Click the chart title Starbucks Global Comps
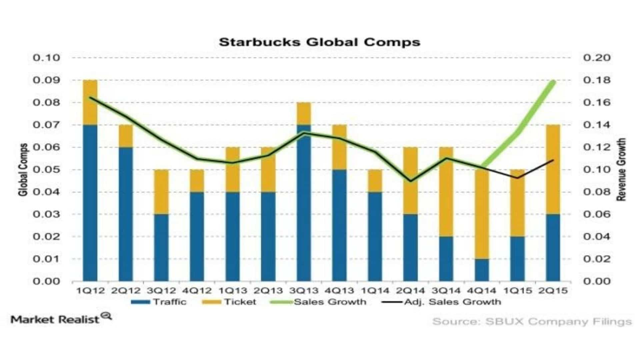(319, 42)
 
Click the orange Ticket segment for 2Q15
(553, 169)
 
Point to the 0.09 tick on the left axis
(46, 80)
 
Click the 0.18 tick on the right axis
(597, 80)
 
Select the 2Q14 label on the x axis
(411, 291)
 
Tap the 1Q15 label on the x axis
(517, 291)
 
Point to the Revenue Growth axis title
(621, 170)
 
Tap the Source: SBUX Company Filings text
(532, 322)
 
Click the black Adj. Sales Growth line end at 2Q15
(553, 160)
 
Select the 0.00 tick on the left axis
(46, 281)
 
